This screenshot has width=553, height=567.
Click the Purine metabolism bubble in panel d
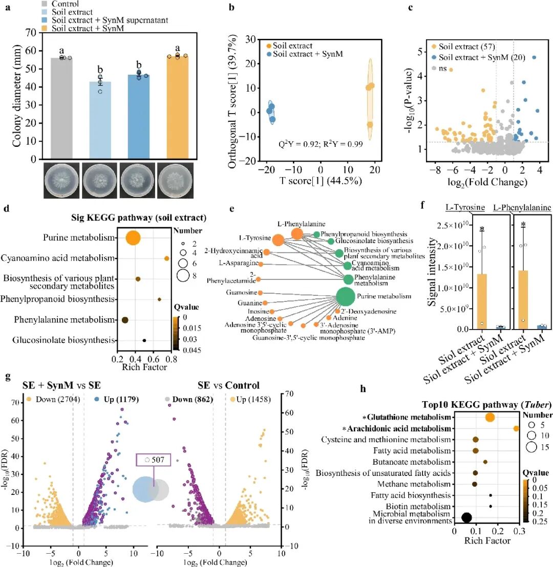[x=133, y=238]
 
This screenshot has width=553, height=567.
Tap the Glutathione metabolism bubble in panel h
[x=490, y=418]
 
